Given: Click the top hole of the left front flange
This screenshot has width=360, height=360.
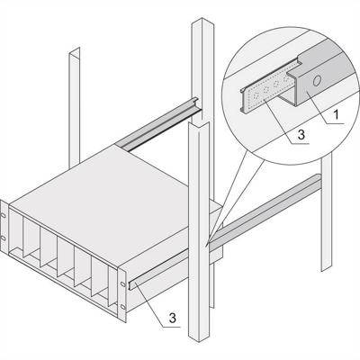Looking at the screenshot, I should coord(6,216).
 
